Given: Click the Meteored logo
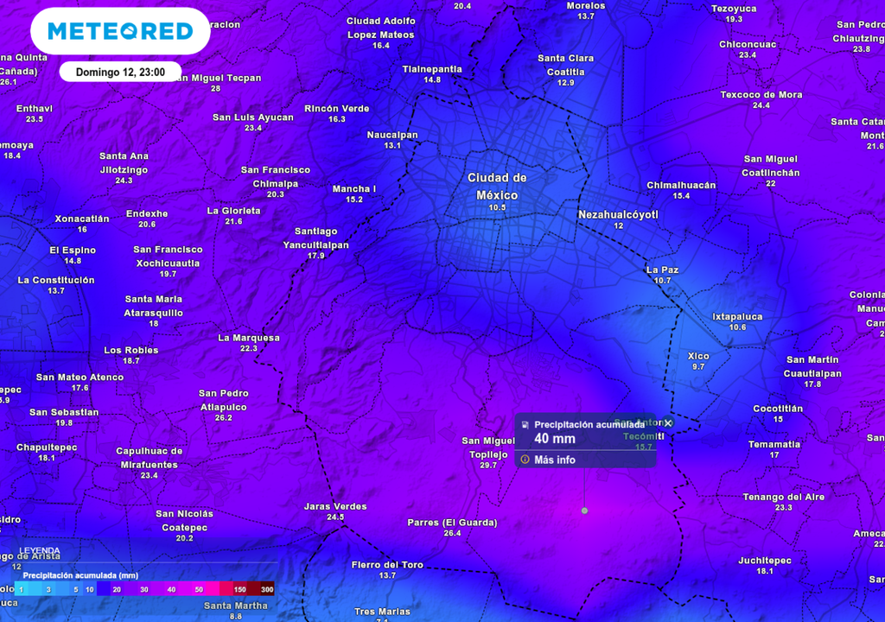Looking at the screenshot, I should click(x=120, y=31).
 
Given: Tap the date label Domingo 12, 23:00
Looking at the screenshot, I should click(x=120, y=72).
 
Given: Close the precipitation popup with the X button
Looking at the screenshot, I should click(x=668, y=423).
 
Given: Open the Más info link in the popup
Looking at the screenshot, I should click(x=554, y=460).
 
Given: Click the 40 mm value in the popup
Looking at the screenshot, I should click(x=554, y=439).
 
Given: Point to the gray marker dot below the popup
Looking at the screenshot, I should click(x=584, y=511).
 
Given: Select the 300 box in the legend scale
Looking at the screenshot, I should click(x=267, y=589).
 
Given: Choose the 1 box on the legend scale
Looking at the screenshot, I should click(x=22, y=589).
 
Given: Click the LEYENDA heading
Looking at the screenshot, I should click(x=41, y=550).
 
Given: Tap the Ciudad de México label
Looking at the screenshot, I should click(x=497, y=186).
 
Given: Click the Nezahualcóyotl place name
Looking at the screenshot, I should click(x=618, y=214).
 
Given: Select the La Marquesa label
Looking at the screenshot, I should click(x=249, y=338).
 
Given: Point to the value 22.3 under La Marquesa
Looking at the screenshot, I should click(x=249, y=349).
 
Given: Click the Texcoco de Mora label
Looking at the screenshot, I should click(x=761, y=95).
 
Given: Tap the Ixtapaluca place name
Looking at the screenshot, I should click(x=737, y=317).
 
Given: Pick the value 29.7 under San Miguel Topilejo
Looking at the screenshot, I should click(x=488, y=466).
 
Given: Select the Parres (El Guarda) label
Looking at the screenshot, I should click(x=452, y=523).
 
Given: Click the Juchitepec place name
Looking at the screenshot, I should click(x=765, y=561).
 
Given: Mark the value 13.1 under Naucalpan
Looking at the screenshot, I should click(x=392, y=146).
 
